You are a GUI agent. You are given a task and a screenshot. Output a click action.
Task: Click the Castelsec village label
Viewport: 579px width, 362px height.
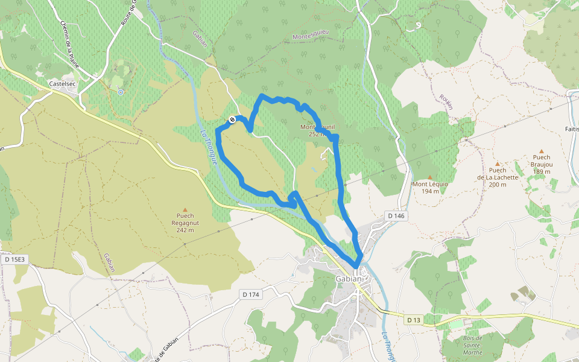point(62,84)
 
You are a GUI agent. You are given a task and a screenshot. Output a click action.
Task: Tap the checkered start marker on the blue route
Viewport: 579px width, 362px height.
point(232,121)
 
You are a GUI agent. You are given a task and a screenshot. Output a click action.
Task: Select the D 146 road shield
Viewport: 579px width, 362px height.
point(396,215)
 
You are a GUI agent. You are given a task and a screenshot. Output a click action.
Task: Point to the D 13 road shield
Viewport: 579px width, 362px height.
point(413,320)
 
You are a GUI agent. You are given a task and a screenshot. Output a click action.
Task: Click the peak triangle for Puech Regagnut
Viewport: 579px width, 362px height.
point(185,209)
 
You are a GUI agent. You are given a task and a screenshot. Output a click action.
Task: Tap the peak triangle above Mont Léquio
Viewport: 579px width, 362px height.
point(430,177)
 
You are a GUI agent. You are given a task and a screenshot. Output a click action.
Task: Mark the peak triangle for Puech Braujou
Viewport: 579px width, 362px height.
point(541,151)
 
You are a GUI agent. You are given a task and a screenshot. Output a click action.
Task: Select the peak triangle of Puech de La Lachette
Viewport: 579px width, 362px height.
point(498,164)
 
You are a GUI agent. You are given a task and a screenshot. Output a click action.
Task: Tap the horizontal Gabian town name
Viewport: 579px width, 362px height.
point(348,279)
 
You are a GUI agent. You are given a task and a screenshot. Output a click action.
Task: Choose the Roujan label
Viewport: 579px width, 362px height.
point(446,101)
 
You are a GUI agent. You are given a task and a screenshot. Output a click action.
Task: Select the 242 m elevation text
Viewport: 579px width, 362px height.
point(185,230)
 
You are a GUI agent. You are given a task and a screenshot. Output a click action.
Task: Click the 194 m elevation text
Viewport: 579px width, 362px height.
point(430,191)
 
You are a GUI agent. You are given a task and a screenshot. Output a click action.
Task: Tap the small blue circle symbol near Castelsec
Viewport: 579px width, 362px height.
point(121,92)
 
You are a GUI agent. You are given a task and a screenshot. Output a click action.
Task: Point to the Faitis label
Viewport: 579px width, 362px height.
point(571,129)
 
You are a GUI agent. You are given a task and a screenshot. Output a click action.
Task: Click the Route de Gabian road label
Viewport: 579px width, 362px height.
point(167,349)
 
